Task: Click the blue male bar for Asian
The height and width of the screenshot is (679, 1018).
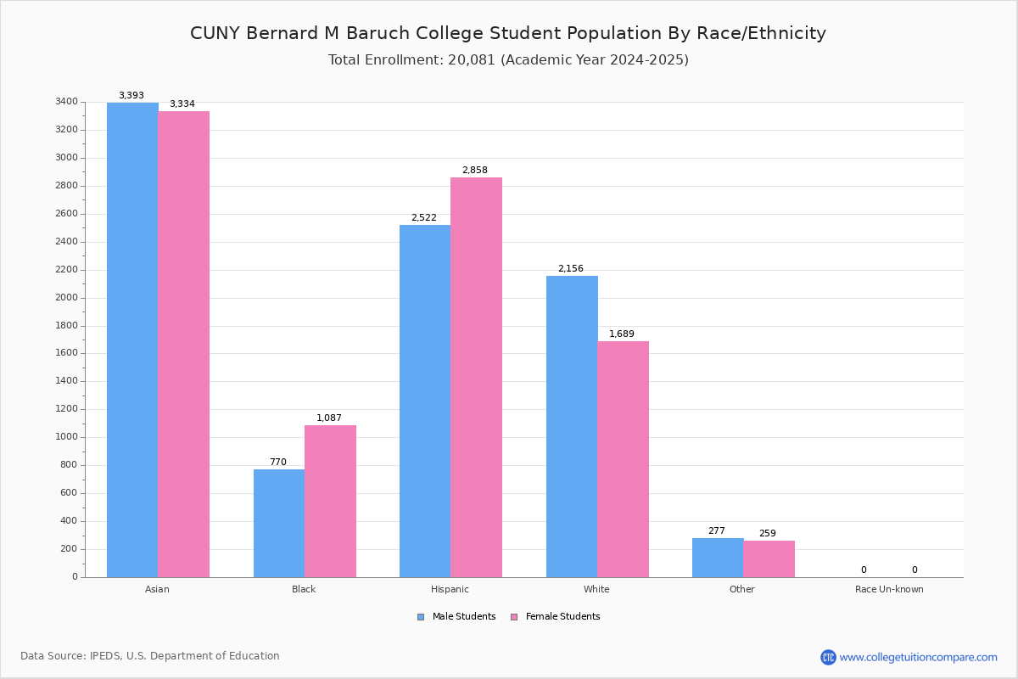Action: click(132, 339)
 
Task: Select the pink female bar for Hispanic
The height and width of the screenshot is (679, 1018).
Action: click(476, 377)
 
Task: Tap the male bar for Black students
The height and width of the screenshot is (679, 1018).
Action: click(279, 523)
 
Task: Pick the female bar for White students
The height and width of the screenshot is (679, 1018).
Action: click(623, 458)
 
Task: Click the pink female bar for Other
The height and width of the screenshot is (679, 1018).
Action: click(769, 558)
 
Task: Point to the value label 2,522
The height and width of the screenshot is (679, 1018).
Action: click(424, 218)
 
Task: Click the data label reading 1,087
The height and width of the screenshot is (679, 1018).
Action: click(329, 418)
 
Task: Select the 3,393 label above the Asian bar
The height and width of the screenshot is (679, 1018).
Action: click(131, 96)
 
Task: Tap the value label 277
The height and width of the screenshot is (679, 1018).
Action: click(717, 530)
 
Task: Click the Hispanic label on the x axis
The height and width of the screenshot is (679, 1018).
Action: click(450, 589)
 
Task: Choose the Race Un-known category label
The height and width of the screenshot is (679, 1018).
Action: click(889, 589)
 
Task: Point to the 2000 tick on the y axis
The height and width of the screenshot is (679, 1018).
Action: click(66, 298)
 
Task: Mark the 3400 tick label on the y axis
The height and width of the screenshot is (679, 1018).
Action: click(66, 102)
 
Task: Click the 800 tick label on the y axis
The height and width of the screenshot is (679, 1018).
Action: click(69, 465)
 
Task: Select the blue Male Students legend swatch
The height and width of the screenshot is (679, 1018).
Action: click(421, 617)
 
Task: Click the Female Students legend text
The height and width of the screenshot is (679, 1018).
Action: click(562, 617)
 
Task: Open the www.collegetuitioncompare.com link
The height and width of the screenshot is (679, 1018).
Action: click(918, 657)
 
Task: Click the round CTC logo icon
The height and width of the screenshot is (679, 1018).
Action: click(828, 657)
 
